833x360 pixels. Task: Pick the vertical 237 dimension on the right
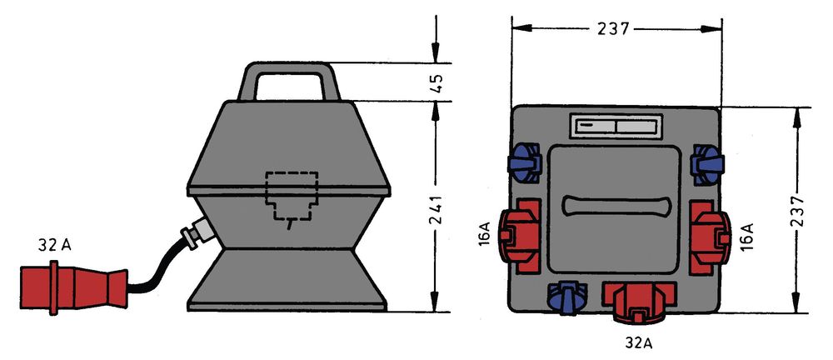(797, 211)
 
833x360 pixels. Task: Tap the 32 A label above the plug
(54, 245)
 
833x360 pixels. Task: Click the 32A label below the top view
(638, 343)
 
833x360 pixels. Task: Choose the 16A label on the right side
(746, 237)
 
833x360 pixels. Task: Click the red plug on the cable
(74, 287)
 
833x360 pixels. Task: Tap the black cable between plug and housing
(159, 268)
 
